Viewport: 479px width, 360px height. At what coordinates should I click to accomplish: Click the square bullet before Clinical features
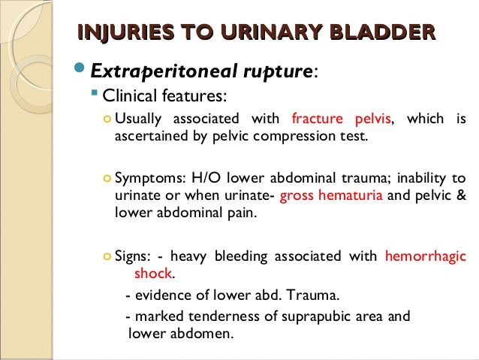pyautogui.click(x=95, y=95)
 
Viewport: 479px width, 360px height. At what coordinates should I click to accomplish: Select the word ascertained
pyautogui.click(x=150, y=137)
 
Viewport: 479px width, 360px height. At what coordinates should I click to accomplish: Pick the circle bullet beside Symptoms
pyautogui.click(x=107, y=179)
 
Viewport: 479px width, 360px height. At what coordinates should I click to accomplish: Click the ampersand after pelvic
pyautogui.click(x=460, y=196)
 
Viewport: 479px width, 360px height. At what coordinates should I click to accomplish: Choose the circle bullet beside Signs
pyautogui.click(x=107, y=257)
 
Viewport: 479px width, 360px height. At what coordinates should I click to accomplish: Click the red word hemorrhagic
pyautogui.click(x=424, y=256)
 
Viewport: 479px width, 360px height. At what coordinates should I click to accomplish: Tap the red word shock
pyautogui.click(x=152, y=274)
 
